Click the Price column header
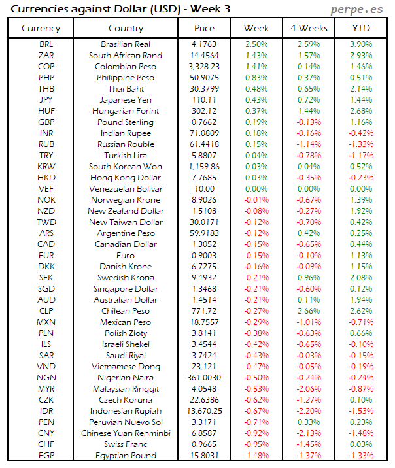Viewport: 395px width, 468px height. (204, 28)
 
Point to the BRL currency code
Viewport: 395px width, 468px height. (46, 44)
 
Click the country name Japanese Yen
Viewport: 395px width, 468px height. (126, 100)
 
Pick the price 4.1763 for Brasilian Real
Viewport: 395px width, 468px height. (204, 44)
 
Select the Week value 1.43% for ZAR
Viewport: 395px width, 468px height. (256, 56)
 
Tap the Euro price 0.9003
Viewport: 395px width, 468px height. (204, 256)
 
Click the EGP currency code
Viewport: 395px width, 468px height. (46, 456)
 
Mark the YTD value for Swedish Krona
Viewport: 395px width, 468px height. (361, 278)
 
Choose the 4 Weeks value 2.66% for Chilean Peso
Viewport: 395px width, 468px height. (309, 311)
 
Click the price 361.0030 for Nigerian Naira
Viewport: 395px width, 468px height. (204, 378)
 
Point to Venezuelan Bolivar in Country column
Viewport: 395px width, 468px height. (126, 189)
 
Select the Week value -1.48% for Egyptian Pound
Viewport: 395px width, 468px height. (256, 456)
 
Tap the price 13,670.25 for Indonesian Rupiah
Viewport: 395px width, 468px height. (204, 411)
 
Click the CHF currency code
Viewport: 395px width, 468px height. (46, 444)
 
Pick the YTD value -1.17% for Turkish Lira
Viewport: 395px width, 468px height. (361, 156)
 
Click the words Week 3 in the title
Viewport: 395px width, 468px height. (211, 9)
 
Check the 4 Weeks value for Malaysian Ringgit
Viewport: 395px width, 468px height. (309, 389)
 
